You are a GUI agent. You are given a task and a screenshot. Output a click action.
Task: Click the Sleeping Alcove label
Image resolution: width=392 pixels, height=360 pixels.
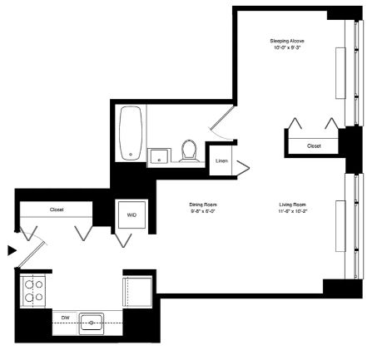pyautogui.click(x=287, y=41)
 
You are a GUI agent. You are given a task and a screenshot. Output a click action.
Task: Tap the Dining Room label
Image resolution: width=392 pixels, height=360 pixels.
pyautogui.click(x=203, y=205)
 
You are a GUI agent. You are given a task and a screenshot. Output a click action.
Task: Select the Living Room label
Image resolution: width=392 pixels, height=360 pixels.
pyautogui.click(x=292, y=205)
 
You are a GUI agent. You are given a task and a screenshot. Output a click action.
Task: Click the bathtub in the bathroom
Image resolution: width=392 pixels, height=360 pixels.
pyautogui.click(x=131, y=133)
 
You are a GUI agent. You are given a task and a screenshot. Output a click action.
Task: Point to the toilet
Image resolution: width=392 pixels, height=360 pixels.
pyautogui.click(x=189, y=151)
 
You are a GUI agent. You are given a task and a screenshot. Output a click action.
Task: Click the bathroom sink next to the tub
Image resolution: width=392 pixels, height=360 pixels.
pyautogui.click(x=159, y=157)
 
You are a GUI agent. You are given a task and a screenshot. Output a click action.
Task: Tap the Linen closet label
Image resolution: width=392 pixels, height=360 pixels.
pyautogui.click(x=221, y=160)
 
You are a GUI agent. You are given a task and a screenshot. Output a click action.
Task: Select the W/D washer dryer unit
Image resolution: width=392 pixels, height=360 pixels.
pyautogui.click(x=131, y=215)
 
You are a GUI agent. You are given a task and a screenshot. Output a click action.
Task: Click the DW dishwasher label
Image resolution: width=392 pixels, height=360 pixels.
pyautogui.click(x=65, y=318)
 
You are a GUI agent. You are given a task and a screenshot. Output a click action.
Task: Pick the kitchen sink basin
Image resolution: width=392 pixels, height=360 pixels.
pyautogui.click(x=92, y=323)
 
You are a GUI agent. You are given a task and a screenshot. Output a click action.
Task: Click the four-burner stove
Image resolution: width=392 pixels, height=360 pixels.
pyautogui.click(x=32, y=291)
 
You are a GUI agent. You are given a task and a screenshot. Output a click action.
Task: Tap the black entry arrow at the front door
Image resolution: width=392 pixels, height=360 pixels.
pyautogui.click(x=12, y=250)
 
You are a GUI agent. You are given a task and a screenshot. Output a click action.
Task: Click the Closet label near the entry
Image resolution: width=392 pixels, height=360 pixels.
pyautogui.click(x=57, y=210)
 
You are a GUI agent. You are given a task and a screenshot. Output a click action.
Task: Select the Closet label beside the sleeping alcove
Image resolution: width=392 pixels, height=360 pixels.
pyautogui.click(x=314, y=146)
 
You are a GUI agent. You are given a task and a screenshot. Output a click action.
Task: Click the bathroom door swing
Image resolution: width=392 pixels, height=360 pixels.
pyautogui.click(x=222, y=122)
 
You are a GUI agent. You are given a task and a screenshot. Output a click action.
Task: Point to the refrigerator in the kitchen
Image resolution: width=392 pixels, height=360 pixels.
pyautogui.click(x=137, y=292)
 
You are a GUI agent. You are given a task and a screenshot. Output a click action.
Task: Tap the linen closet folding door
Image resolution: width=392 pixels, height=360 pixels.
pyautogui.click(x=241, y=168)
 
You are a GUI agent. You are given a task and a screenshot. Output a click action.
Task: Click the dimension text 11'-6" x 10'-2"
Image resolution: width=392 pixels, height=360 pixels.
pyautogui.click(x=292, y=211)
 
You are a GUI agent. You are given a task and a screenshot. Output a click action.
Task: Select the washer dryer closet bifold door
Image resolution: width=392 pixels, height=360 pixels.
pyautogui.click(x=123, y=240)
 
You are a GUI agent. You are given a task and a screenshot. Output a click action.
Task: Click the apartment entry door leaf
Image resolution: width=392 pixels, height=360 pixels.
pyautogui.click(x=31, y=256)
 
